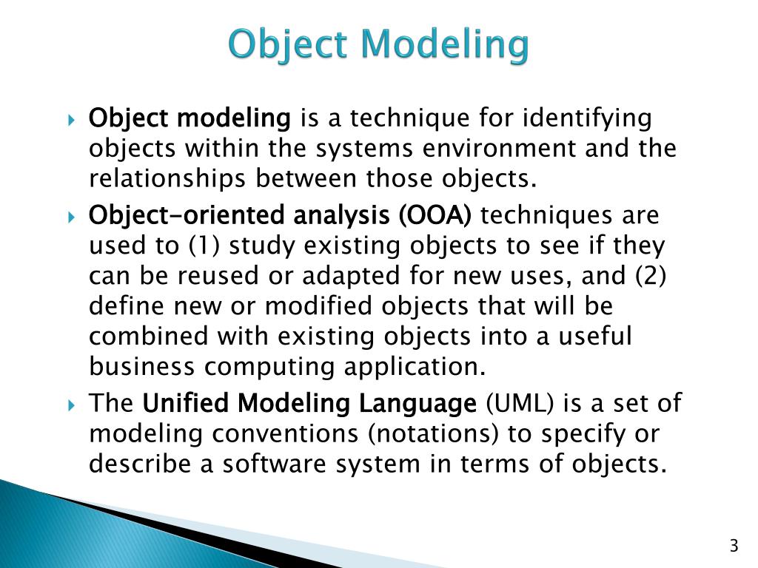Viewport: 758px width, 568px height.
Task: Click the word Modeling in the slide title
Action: click(445, 45)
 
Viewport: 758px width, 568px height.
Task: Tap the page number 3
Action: click(734, 547)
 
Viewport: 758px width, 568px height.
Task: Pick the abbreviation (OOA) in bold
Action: click(435, 215)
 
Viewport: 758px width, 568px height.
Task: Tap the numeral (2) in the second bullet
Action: click(651, 276)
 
